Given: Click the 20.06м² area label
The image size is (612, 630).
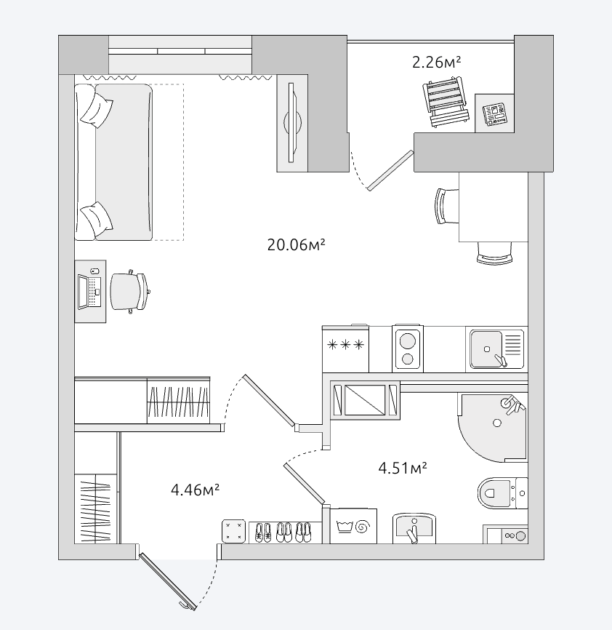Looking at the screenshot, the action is (x=296, y=244).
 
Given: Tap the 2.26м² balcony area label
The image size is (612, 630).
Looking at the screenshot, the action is (x=436, y=63).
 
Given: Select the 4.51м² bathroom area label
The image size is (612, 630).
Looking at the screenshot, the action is (x=403, y=468).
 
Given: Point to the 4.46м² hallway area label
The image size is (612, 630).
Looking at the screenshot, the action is (x=195, y=490).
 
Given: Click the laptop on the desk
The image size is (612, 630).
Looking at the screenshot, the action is (x=89, y=292).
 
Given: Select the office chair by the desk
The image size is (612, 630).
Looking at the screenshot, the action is (x=130, y=292).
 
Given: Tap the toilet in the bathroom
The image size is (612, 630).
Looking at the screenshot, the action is (x=502, y=493).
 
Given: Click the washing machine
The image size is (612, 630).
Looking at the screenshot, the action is (x=353, y=525).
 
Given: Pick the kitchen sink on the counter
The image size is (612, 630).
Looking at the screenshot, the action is (x=497, y=348).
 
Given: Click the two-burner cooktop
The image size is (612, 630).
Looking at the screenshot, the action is (x=407, y=348).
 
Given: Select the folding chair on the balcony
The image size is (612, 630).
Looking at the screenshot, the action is (x=446, y=103).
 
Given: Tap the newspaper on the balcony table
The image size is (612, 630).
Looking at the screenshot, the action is (x=494, y=114).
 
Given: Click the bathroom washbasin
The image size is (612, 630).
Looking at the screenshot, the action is (x=414, y=528).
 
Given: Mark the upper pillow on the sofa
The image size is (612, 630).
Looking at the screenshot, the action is (x=97, y=108).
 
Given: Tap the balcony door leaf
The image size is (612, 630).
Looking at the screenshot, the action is (x=390, y=170).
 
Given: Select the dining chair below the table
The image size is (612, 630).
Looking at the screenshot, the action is (x=494, y=252).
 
